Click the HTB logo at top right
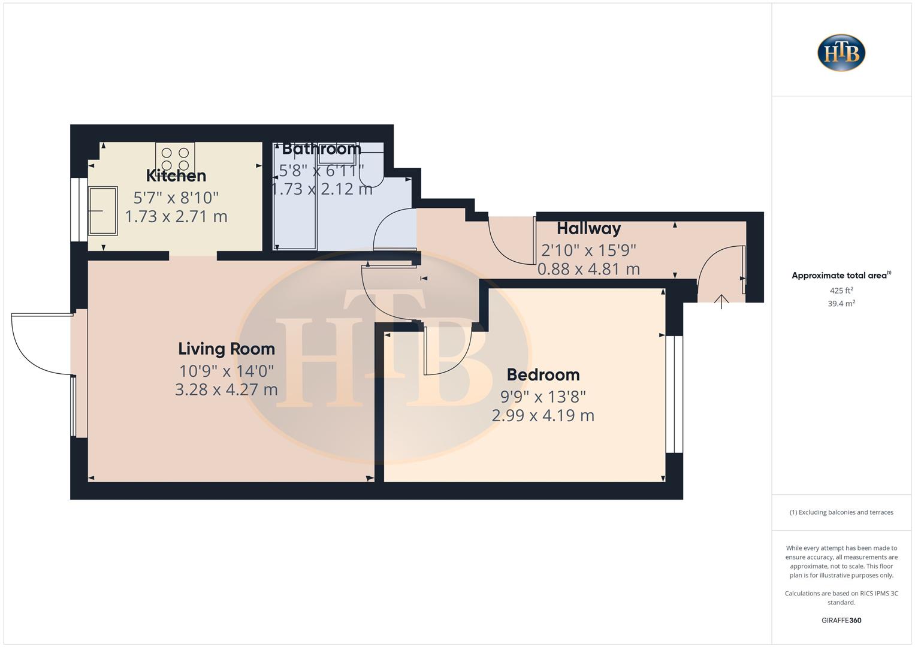pos(841,53)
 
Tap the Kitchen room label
pos(176,176)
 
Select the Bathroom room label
pos(321,148)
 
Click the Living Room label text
pos(227,349)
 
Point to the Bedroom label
pos(543,374)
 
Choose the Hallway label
pos(588,228)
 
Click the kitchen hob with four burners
pos(175,158)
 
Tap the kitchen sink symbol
pos(102,210)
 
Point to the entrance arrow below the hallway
pos(721,301)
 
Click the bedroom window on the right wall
pos(674,394)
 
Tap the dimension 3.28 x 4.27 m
pos(227,389)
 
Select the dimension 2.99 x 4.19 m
pos(543,415)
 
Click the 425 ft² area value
pos(841,291)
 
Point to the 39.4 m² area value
pos(841,304)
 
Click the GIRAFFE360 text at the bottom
pos(841,620)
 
